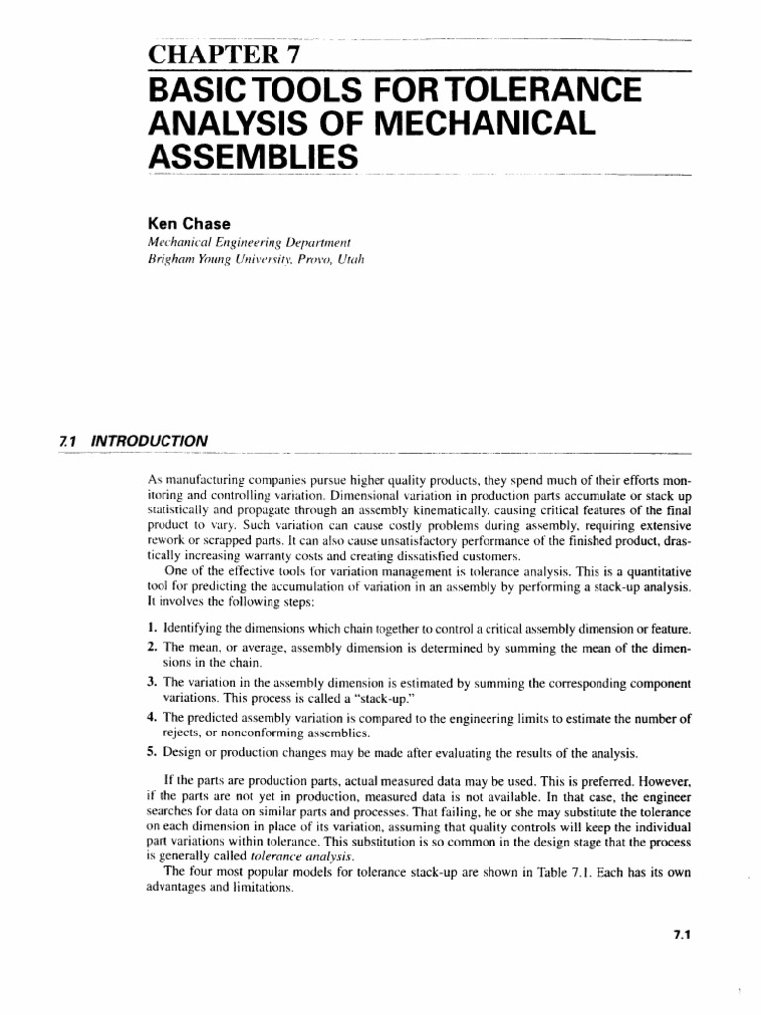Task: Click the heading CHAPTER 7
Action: [213, 54]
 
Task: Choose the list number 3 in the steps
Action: [151, 683]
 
